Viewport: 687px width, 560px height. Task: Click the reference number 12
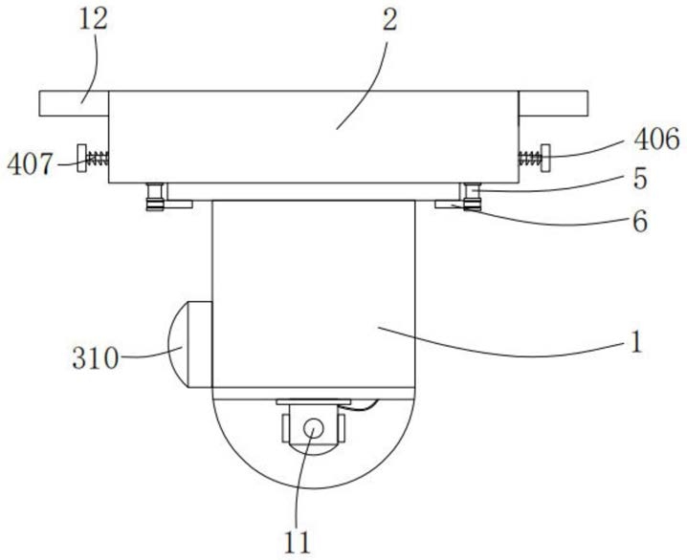93,20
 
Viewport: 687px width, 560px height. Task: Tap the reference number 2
389,20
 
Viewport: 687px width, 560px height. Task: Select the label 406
656,140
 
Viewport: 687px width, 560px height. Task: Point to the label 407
30,164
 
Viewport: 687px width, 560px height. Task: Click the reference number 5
640,179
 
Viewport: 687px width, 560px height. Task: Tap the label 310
96,358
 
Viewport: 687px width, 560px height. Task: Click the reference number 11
298,543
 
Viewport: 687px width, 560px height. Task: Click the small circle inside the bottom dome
313,427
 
